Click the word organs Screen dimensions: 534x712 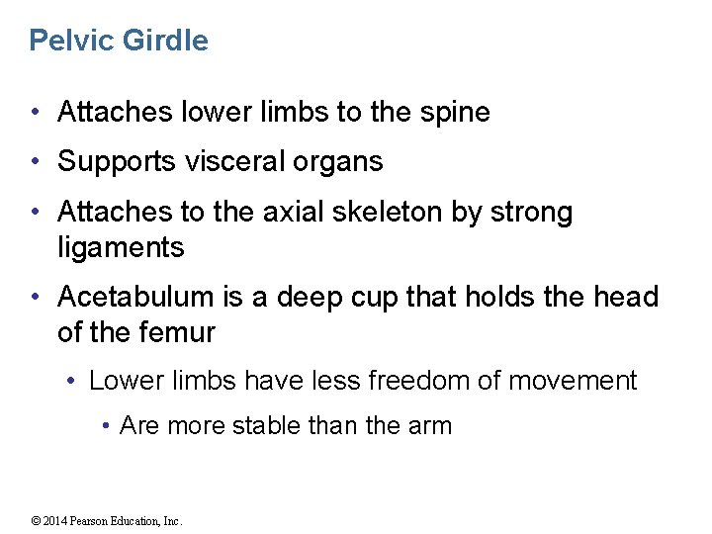341,162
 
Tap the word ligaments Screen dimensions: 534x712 121,247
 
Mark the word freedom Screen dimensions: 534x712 416,381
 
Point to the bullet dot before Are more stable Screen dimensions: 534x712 106,426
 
